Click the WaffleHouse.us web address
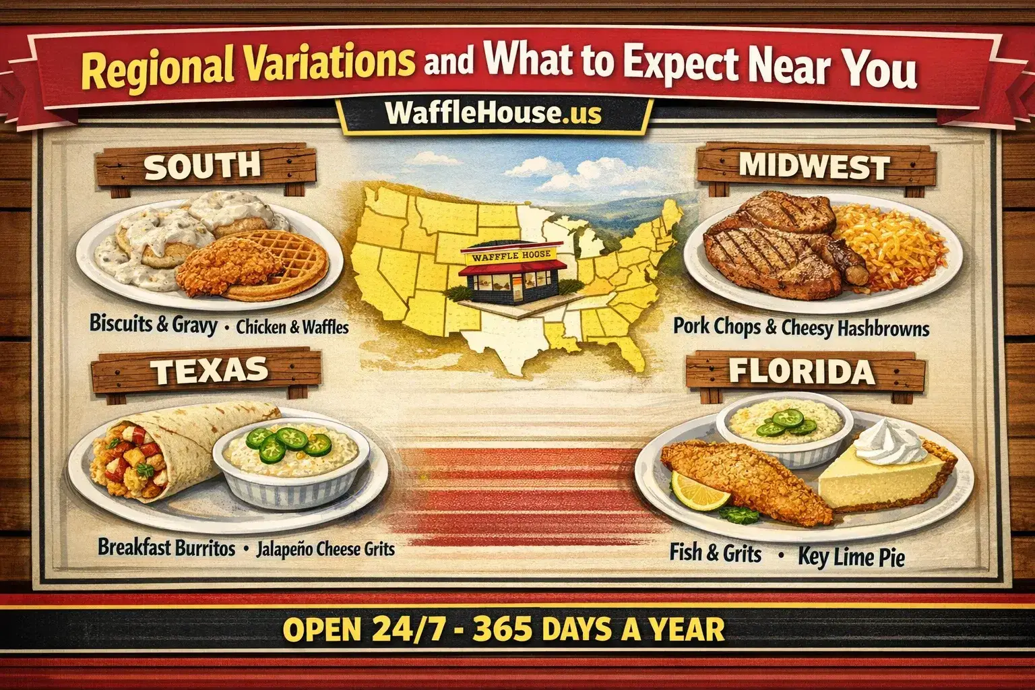[493, 113]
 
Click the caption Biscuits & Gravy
[153, 325]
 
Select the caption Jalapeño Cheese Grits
[325, 548]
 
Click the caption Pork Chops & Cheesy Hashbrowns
[801, 327]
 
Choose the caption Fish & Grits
[716, 554]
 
